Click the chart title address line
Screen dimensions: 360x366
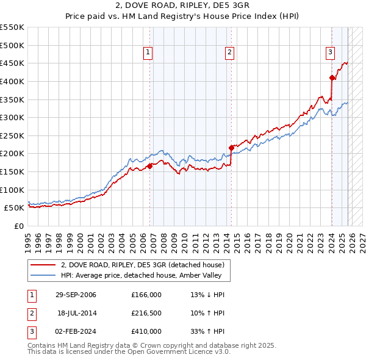[183, 7]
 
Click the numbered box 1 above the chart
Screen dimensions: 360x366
[148, 53]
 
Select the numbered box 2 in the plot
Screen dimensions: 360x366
[230, 53]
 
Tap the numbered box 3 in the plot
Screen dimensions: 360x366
[330, 53]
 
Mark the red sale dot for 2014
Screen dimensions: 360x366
[231, 147]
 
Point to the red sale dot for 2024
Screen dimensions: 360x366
[332, 77]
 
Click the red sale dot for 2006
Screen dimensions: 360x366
[150, 165]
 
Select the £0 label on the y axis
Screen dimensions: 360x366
[19, 226]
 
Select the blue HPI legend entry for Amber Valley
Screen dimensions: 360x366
[145, 276]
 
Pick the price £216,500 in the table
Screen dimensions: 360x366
[146, 313]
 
